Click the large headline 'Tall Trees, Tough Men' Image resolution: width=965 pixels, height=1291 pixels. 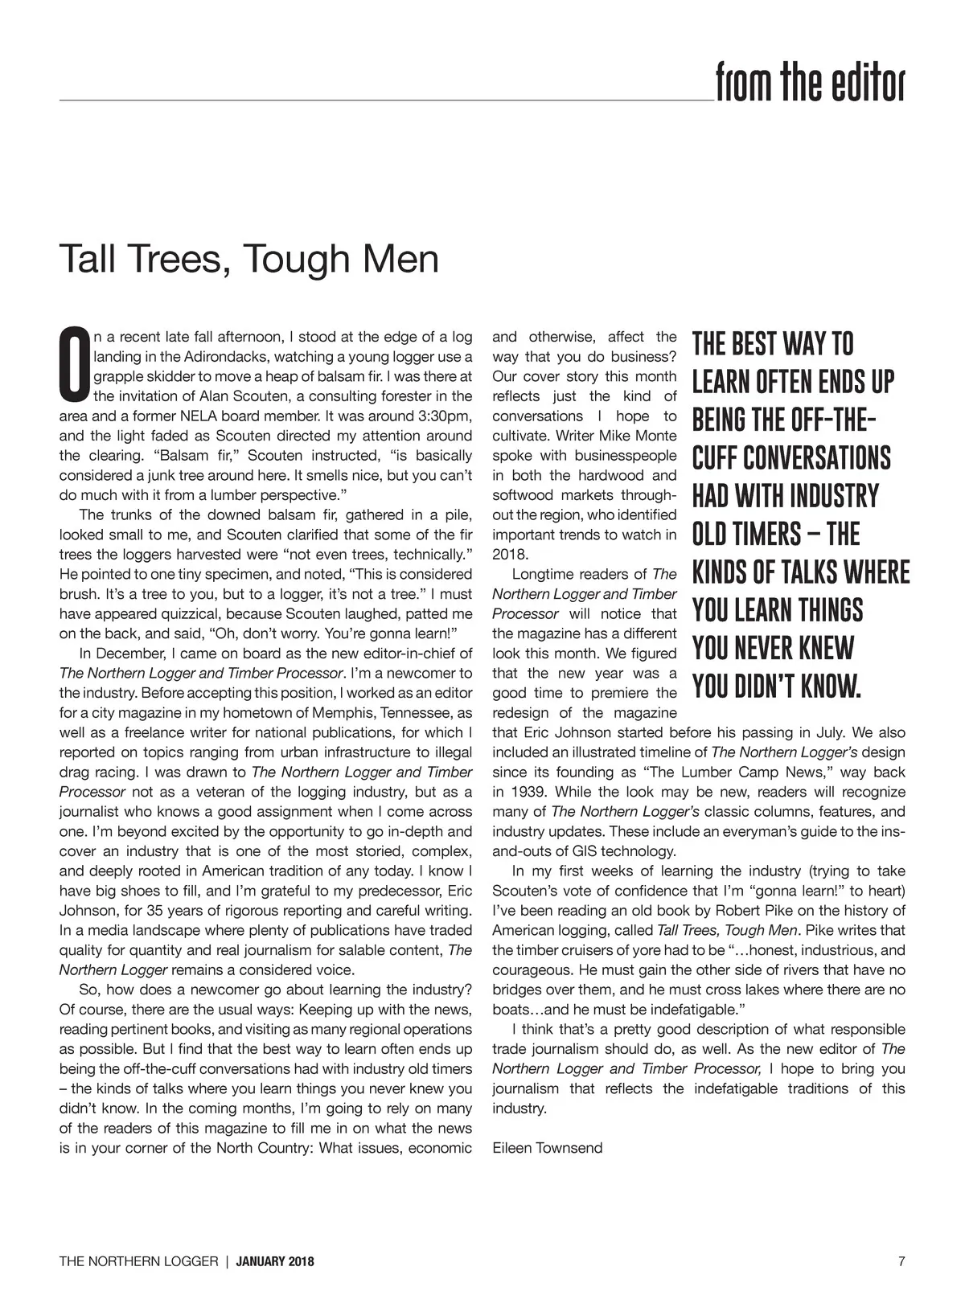pos(249,259)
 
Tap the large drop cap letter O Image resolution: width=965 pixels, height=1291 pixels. pos(74,363)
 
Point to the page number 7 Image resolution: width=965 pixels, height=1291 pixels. pos(901,1261)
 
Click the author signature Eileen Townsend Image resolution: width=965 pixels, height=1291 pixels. pos(547,1148)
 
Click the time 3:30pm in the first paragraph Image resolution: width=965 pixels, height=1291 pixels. pos(445,416)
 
